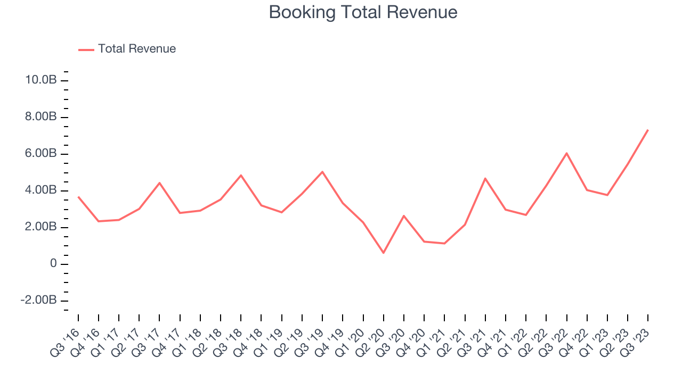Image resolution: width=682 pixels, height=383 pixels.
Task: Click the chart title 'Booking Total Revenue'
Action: point(363,12)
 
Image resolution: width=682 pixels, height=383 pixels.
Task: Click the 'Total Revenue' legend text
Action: point(137,49)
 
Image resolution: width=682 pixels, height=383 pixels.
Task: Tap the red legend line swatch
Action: point(86,49)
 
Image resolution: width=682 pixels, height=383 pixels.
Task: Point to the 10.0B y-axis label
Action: point(40,80)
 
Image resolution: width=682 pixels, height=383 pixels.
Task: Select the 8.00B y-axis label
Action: point(40,117)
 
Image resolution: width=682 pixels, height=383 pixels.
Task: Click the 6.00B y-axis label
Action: point(40,154)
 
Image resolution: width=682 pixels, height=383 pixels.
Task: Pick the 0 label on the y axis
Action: point(53,264)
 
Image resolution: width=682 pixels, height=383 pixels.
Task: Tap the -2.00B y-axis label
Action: point(38,301)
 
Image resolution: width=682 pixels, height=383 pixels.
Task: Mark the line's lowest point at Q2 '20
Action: point(383,253)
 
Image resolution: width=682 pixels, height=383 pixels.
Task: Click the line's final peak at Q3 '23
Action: point(648,130)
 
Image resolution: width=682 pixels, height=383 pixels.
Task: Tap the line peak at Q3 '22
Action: point(566,153)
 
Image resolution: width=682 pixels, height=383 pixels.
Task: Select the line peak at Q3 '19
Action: point(322,172)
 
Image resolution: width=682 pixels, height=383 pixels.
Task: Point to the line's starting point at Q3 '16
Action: point(78,197)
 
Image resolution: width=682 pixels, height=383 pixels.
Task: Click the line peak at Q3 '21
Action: point(485,178)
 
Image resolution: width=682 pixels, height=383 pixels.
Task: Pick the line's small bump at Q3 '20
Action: point(404,216)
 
